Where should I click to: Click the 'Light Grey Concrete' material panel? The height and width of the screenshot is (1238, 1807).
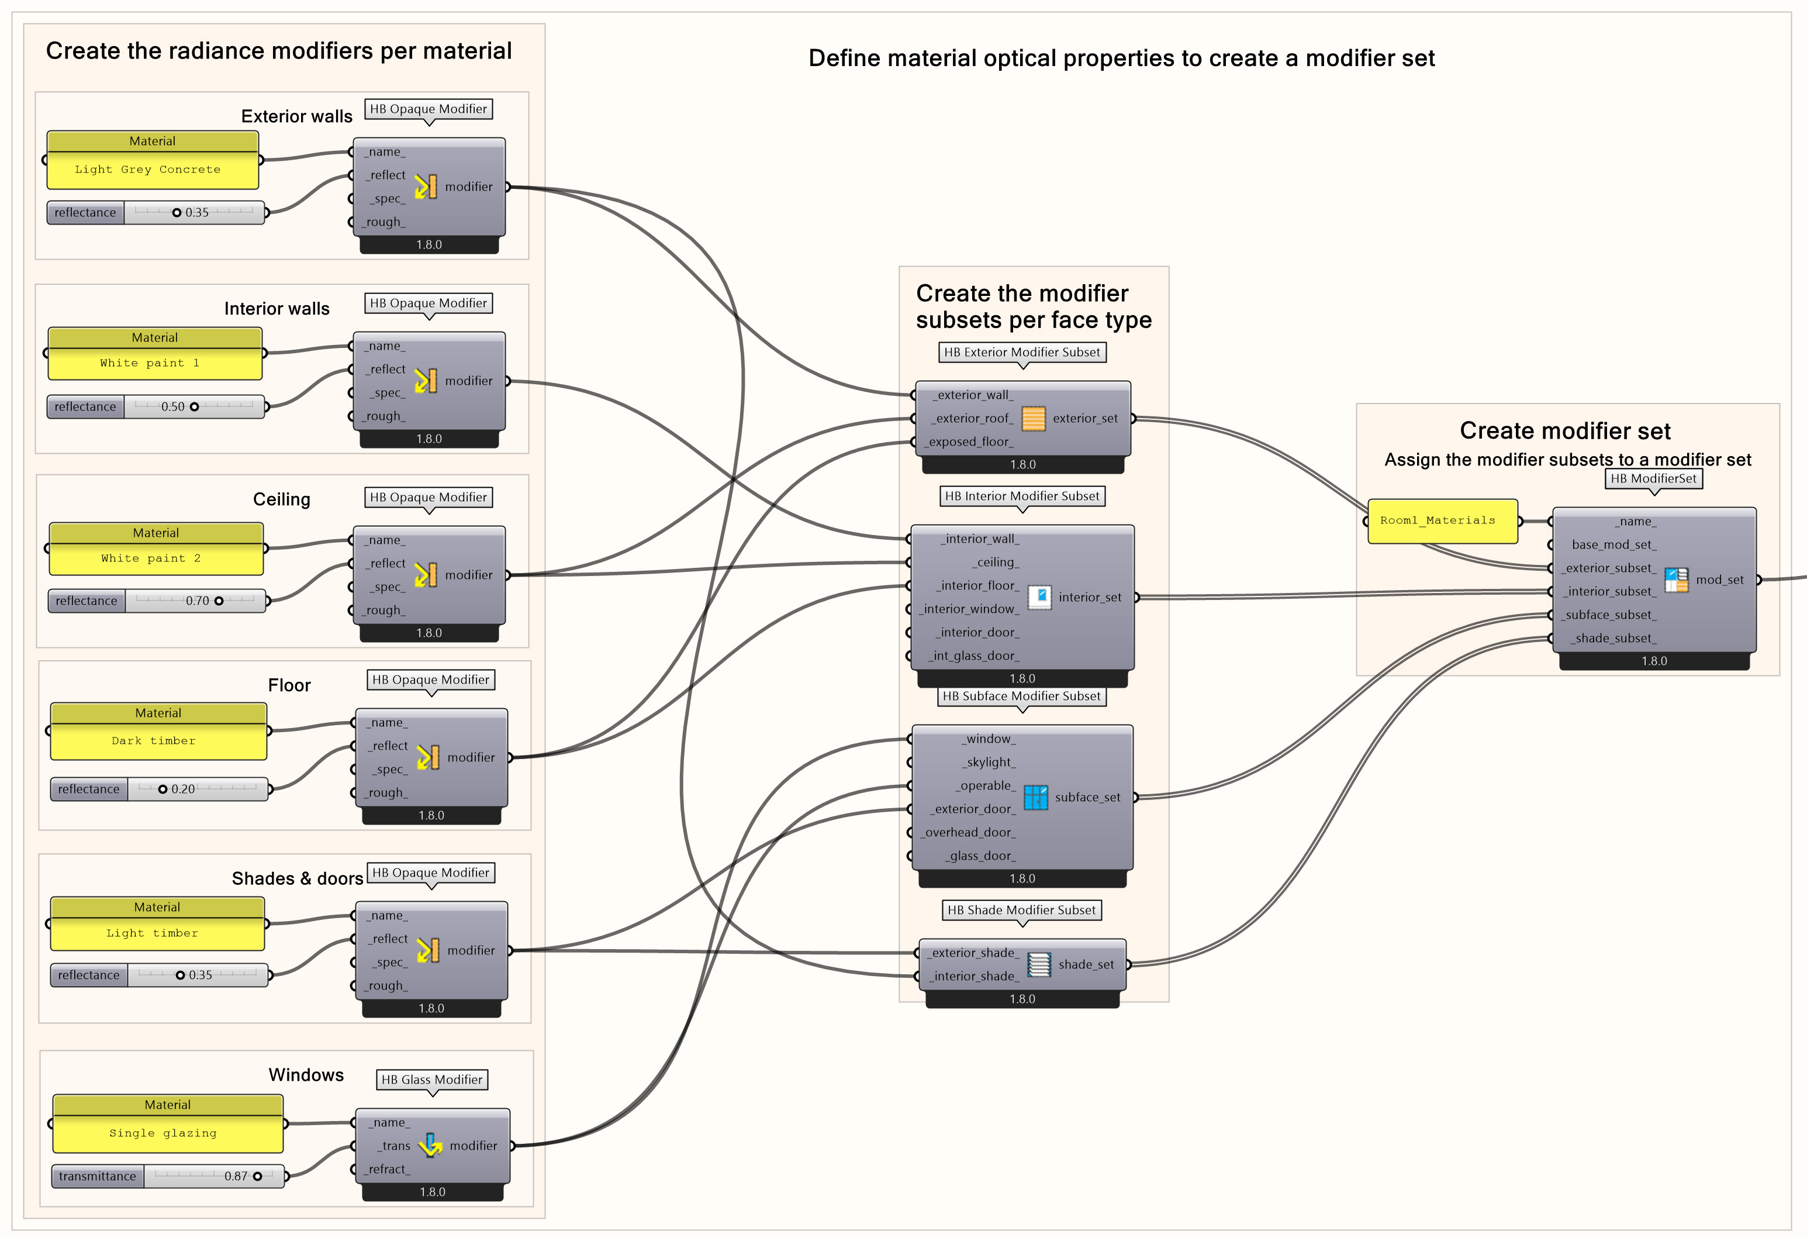click(x=153, y=170)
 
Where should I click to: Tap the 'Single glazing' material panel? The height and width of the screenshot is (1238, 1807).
click(x=167, y=1133)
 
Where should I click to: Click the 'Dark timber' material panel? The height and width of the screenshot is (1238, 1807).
click(x=158, y=741)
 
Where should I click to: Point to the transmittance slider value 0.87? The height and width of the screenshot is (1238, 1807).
click(x=236, y=1176)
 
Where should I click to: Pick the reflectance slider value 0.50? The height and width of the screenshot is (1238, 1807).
click(x=172, y=406)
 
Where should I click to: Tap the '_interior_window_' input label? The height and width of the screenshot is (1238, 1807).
click(x=969, y=609)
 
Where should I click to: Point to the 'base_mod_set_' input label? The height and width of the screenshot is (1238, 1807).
click(x=1613, y=544)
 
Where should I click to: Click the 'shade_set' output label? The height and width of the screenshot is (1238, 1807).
click(x=1086, y=964)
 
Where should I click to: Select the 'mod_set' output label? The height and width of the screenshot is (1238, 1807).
click(x=1719, y=580)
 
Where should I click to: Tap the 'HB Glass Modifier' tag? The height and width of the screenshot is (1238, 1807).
click(x=432, y=1080)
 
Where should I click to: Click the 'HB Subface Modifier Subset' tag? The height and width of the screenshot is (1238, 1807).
click(x=1022, y=696)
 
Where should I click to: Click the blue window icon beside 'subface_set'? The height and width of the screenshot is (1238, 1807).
click(x=1036, y=797)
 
